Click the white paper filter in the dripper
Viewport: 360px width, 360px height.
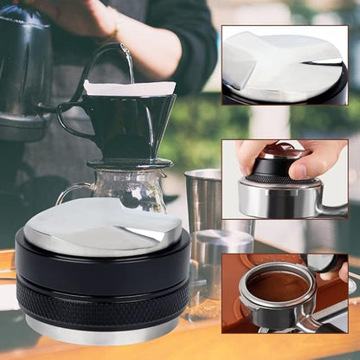(x=129, y=87)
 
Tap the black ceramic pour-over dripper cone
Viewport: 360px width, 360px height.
(x=129, y=125)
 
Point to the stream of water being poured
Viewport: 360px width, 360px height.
(x=130, y=62)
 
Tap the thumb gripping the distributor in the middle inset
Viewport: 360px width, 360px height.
(x=250, y=156)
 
